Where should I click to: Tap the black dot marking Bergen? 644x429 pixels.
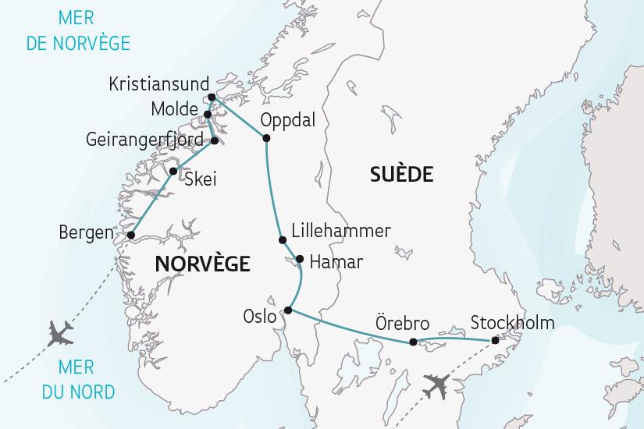point(131,234)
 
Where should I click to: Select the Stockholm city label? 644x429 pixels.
point(513,322)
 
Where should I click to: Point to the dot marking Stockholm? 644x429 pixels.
point(494,340)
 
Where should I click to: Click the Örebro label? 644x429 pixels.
point(401,322)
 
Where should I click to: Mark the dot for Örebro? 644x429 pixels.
point(413,342)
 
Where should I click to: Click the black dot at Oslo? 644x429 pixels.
point(288,310)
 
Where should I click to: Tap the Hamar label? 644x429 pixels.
point(336,262)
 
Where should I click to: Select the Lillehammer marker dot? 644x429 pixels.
point(283,240)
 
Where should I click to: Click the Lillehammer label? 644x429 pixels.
point(340,231)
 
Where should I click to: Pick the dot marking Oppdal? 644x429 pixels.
point(266,139)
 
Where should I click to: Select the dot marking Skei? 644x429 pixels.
point(173,172)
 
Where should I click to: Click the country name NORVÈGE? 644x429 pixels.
point(202,264)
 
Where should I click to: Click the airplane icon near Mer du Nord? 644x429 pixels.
point(60,333)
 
